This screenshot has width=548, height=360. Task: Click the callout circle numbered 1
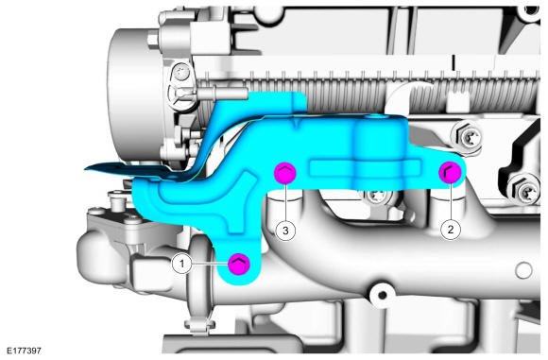(181, 264)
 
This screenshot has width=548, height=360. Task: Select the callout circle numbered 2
(450, 230)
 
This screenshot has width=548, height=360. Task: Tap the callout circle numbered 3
(285, 231)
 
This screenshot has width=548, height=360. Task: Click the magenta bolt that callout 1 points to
(239, 264)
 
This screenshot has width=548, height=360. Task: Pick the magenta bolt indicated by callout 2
(450, 173)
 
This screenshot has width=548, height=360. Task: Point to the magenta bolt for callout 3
(285, 173)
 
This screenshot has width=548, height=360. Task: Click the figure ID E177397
(25, 351)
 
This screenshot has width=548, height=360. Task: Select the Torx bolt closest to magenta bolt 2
(467, 137)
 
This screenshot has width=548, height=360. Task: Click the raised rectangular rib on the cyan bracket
(365, 167)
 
